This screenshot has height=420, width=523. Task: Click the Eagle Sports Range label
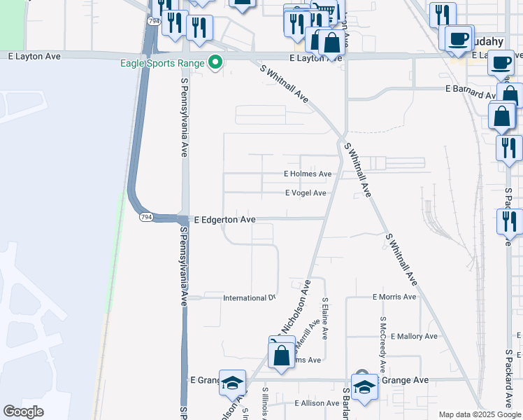pyautogui.click(x=160, y=63)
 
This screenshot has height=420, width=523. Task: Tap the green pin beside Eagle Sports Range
pyautogui.click(x=216, y=63)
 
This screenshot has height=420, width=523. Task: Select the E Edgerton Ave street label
pyautogui.click(x=224, y=220)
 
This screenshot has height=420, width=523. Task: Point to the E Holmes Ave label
pyautogui.click(x=308, y=174)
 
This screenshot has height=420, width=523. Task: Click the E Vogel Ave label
pyautogui.click(x=306, y=193)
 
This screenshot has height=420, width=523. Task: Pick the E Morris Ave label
pyautogui.click(x=394, y=297)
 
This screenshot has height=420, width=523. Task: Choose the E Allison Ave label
pyautogui.click(x=317, y=403)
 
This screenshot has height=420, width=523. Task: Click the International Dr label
pyautogui.click(x=249, y=298)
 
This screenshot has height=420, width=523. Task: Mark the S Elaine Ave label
pyautogui.click(x=325, y=318)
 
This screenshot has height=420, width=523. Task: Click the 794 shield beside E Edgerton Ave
pyautogui.click(x=145, y=217)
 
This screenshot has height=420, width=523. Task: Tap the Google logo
pyautogui.click(x=24, y=411)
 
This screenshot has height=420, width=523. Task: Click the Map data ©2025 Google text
pyautogui.click(x=480, y=414)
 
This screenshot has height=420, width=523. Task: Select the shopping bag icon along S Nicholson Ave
pyautogui.click(x=281, y=354)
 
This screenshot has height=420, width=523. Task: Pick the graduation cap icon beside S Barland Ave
pyautogui.click(x=364, y=386)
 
